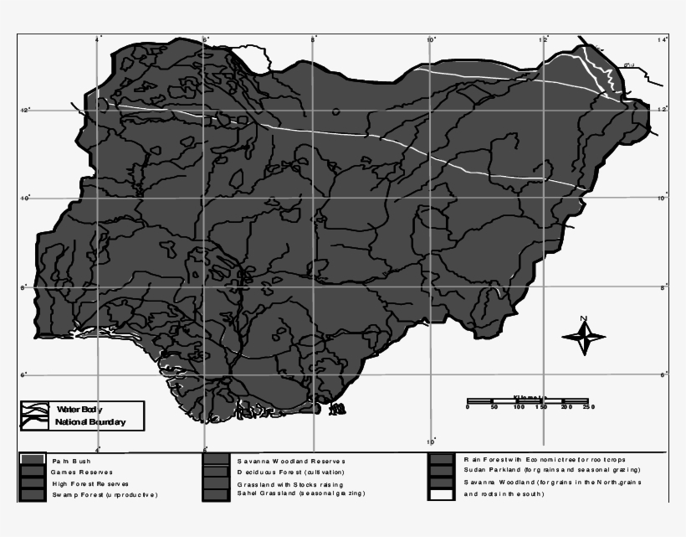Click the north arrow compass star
583,337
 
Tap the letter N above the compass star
583,318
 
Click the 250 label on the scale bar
588,406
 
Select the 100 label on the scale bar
519,406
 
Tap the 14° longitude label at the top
663,39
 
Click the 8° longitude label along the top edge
314,39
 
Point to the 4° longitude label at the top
98,39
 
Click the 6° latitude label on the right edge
663,374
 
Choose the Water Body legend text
79,409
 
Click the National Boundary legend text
90,422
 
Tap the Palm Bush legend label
71,461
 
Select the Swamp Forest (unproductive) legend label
104,495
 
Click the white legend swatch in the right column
441,494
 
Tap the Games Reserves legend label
81,472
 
